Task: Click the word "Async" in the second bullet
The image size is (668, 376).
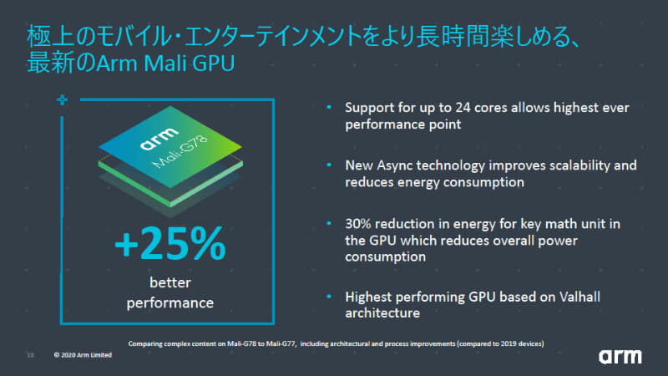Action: point(404,165)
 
